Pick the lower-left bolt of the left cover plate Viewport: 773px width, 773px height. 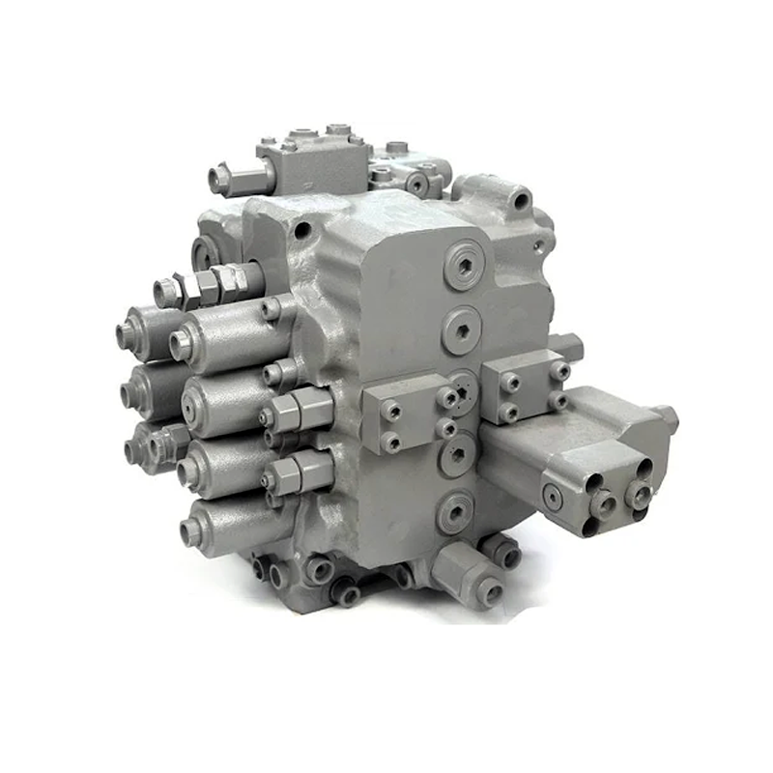coord(392,443)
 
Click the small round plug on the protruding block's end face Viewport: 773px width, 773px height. coord(553,496)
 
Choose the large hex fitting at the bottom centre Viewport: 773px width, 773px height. coord(468,571)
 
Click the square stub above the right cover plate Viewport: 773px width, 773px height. coord(564,345)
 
